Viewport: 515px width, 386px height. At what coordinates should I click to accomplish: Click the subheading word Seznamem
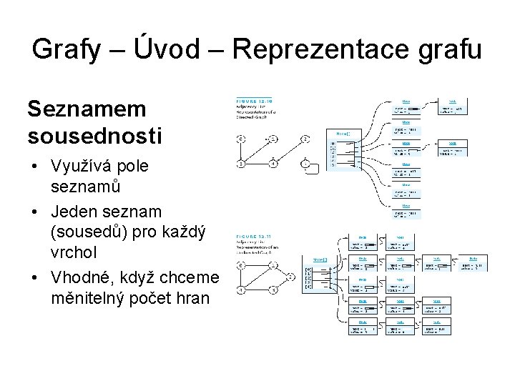87,109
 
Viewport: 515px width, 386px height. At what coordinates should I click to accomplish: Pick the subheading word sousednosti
94,134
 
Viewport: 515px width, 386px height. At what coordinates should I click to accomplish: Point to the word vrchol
74,253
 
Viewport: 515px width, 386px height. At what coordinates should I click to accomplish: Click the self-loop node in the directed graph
306,164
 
